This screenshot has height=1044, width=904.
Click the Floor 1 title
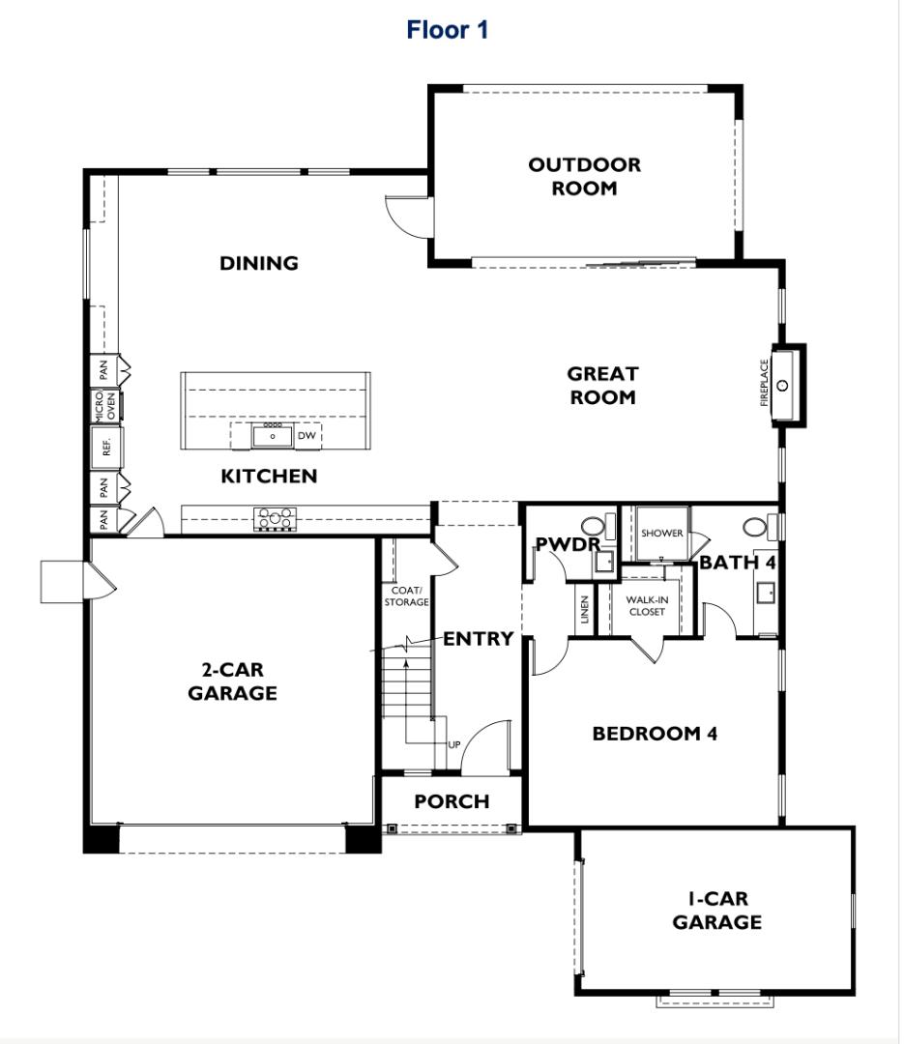click(x=447, y=30)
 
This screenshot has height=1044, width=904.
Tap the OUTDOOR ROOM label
click(x=584, y=177)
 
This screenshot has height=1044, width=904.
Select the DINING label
click(x=259, y=264)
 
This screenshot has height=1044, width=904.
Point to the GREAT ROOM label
click(x=603, y=386)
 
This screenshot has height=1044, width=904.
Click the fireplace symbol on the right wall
click(x=787, y=385)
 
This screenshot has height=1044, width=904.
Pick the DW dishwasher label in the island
click(x=306, y=435)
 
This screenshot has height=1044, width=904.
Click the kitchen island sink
click(x=273, y=436)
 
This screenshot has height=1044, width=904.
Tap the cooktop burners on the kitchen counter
click(x=275, y=519)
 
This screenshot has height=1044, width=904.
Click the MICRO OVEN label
click(x=105, y=405)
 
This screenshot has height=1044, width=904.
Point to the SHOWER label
click(x=661, y=534)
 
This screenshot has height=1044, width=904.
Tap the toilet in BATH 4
click(x=760, y=527)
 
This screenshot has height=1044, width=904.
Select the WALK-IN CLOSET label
click(x=647, y=606)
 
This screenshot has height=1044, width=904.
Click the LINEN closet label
click(x=585, y=610)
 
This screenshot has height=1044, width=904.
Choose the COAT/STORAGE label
click(x=406, y=596)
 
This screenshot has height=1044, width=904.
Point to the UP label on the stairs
click(x=453, y=744)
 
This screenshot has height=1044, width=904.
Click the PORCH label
click(x=452, y=801)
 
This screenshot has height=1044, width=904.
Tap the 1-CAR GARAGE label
click(x=716, y=911)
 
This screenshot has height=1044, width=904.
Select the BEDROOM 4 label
click(x=655, y=734)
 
